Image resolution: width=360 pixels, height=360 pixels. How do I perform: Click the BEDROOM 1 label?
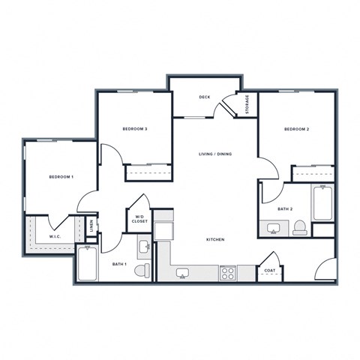point(61,177)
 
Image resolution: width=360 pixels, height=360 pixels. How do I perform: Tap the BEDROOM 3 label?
point(135,129)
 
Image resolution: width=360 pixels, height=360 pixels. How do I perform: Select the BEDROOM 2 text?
point(296,129)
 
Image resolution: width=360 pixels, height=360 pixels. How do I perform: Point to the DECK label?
point(205,97)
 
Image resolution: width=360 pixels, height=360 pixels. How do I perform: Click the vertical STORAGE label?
point(247,104)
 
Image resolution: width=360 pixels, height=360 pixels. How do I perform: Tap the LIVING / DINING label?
point(215,154)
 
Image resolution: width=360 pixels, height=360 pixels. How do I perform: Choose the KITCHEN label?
point(215,239)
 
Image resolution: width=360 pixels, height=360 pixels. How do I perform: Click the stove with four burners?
point(227,273)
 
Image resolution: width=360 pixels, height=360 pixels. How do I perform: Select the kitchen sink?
point(183,273)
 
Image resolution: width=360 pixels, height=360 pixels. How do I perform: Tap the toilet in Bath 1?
point(142,270)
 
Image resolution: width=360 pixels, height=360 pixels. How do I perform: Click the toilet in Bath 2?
point(300,228)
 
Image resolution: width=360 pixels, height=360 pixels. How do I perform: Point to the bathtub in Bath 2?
point(322,202)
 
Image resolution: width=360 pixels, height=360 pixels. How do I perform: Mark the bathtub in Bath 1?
point(87,263)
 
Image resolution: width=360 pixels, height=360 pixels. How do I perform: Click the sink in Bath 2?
point(273,229)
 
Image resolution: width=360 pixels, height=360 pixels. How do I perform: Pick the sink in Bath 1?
point(145,247)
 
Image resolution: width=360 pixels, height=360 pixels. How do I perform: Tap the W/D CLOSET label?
point(139,219)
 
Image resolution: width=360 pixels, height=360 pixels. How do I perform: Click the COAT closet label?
point(270,271)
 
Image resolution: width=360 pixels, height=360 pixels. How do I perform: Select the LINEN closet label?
point(91,226)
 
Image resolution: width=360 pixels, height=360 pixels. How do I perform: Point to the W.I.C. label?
point(55,236)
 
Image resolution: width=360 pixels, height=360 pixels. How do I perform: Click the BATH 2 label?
point(285,209)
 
